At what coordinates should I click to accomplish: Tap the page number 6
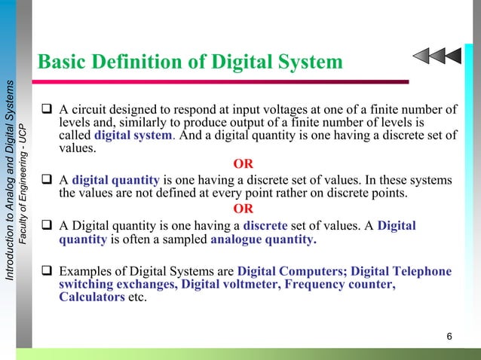point(449,336)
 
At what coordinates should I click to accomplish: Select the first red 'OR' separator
point(244,164)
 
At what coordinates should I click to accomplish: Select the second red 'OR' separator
point(244,209)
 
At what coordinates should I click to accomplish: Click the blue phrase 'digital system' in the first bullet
point(127,136)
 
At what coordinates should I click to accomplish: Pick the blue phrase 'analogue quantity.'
point(264,240)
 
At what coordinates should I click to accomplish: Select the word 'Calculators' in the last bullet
point(91,297)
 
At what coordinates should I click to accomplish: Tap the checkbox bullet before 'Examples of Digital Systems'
point(47,270)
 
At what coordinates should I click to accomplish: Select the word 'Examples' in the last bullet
point(85,270)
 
